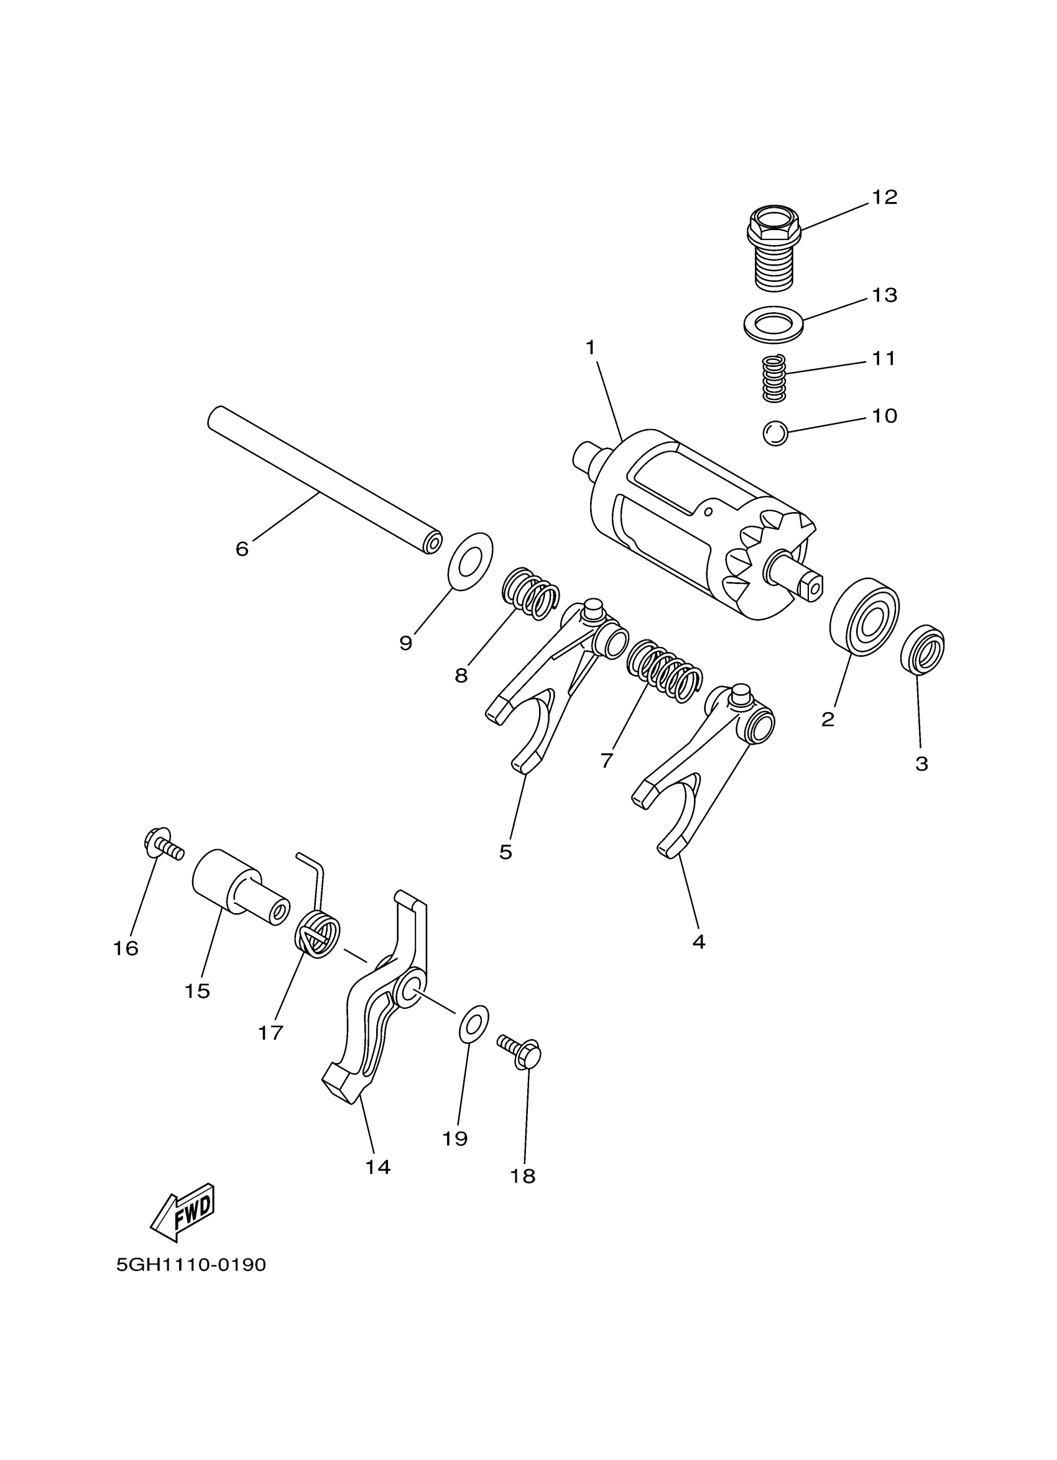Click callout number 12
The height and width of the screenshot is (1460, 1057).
(x=884, y=198)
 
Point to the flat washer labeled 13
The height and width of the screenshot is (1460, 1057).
(x=773, y=320)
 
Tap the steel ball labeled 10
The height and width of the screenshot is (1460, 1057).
(x=775, y=432)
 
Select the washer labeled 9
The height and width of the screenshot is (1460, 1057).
(x=469, y=560)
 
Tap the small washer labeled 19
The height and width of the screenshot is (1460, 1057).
(x=473, y=1020)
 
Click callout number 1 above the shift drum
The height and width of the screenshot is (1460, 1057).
(x=590, y=348)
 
